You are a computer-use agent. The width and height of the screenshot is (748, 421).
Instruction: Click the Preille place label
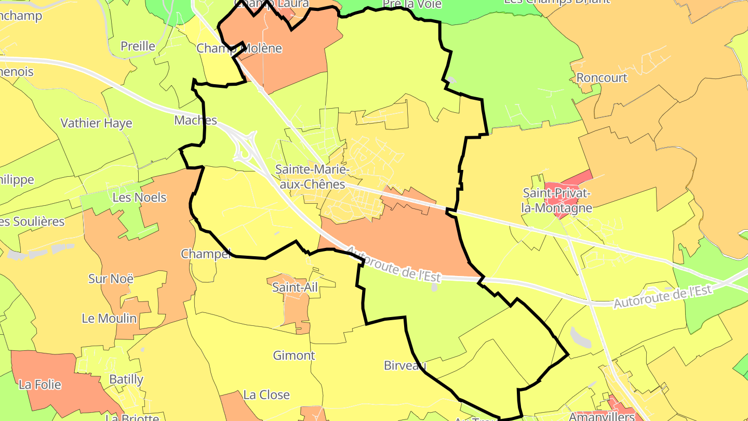[138, 46]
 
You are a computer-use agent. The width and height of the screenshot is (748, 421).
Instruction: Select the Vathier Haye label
[97, 123]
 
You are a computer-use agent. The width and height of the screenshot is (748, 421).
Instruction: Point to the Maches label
[195, 120]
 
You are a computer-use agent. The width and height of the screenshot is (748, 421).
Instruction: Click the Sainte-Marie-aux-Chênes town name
[310, 177]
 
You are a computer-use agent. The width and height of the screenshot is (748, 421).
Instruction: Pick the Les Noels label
[139, 198]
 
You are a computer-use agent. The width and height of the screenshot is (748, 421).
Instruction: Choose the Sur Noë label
[111, 279]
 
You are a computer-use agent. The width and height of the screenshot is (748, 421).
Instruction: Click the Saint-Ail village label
[295, 287]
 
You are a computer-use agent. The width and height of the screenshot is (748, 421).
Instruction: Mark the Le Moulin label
[109, 318]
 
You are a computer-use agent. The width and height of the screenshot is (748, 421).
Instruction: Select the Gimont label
[294, 356]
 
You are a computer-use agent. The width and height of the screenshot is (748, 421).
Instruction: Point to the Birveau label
[405, 365]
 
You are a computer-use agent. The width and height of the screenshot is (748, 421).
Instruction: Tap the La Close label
[266, 395]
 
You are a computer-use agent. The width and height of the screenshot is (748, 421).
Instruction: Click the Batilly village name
[126, 379]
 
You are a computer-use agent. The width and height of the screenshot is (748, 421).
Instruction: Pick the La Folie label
[40, 385]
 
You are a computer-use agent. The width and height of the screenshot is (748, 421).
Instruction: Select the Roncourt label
[602, 78]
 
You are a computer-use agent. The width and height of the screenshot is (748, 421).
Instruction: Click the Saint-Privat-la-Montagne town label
[557, 200]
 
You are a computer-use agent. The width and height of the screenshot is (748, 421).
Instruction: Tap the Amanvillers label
[602, 416]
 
